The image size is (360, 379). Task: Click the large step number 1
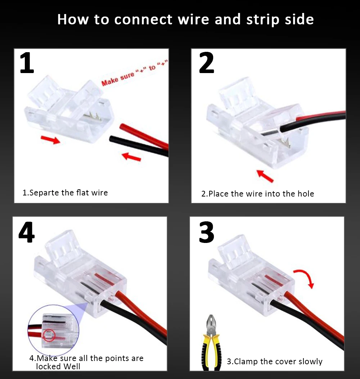point(27,63)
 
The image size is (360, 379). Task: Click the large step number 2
point(206,63)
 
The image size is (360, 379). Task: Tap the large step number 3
point(206,233)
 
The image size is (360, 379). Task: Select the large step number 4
point(27,233)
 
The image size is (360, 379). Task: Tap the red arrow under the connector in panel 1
point(50,139)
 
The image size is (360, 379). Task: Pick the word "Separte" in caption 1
point(44,193)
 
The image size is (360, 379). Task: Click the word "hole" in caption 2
point(306,194)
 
